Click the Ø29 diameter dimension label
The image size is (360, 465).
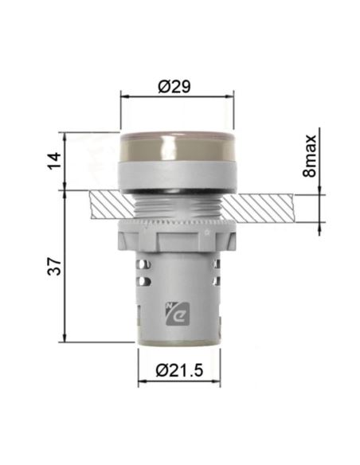pos(177,85)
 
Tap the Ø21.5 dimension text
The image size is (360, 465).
pos(177,370)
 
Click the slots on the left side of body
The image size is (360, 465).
pos(144,275)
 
